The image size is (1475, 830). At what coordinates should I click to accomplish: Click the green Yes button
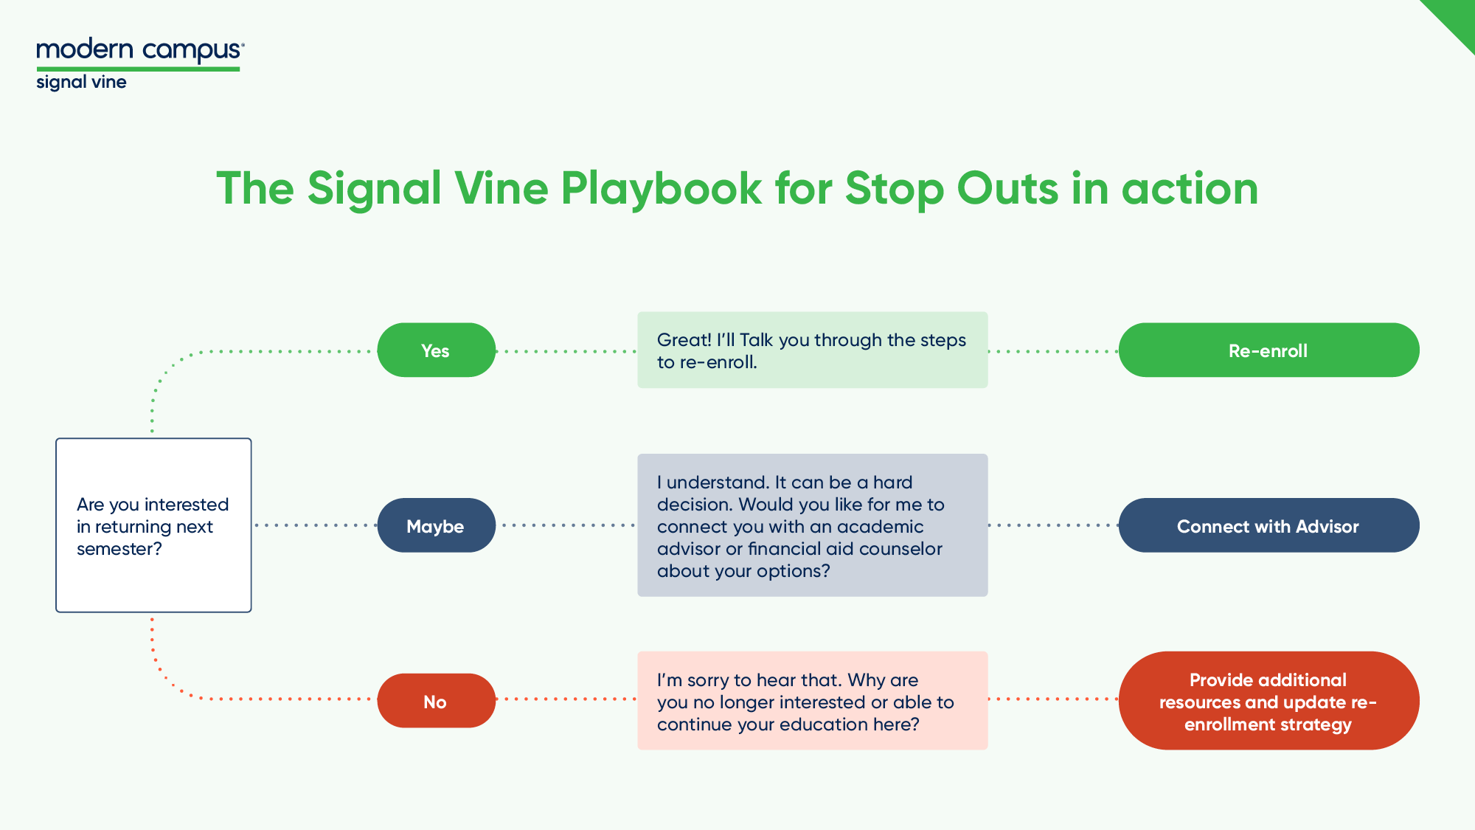click(x=436, y=350)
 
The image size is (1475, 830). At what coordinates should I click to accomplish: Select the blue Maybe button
click(x=436, y=525)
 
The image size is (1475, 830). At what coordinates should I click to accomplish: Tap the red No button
click(x=436, y=701)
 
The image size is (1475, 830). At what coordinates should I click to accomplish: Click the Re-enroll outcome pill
click(x=1268, y=350)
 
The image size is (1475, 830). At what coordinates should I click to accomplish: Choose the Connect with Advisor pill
click(x=1268, y=525)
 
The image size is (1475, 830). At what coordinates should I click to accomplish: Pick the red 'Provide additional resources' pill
click(x=1268, y=701)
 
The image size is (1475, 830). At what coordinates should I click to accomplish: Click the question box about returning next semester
click(x=153, y=525)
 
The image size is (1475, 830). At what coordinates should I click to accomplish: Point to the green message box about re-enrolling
click(x=812, y=350)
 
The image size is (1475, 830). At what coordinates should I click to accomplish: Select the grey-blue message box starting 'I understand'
click(x=812, y=525)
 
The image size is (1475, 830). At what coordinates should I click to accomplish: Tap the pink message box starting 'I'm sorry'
click(x=812, y=701)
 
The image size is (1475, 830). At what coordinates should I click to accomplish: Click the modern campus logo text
click(x=139, y=50)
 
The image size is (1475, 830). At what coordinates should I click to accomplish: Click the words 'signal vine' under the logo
click(x=81, y=82)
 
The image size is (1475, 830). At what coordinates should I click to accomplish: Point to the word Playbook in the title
click(x=661, y=189)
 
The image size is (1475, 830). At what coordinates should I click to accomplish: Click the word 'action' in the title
click(x=1190, y=189)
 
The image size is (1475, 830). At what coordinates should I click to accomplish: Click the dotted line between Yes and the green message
click(x=566, y=351)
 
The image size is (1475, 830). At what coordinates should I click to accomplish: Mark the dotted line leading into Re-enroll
click(x=1053, y=351)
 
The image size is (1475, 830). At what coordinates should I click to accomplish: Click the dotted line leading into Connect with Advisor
click(x=1053, y=525)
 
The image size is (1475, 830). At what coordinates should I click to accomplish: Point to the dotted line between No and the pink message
click(x=566, y=699)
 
